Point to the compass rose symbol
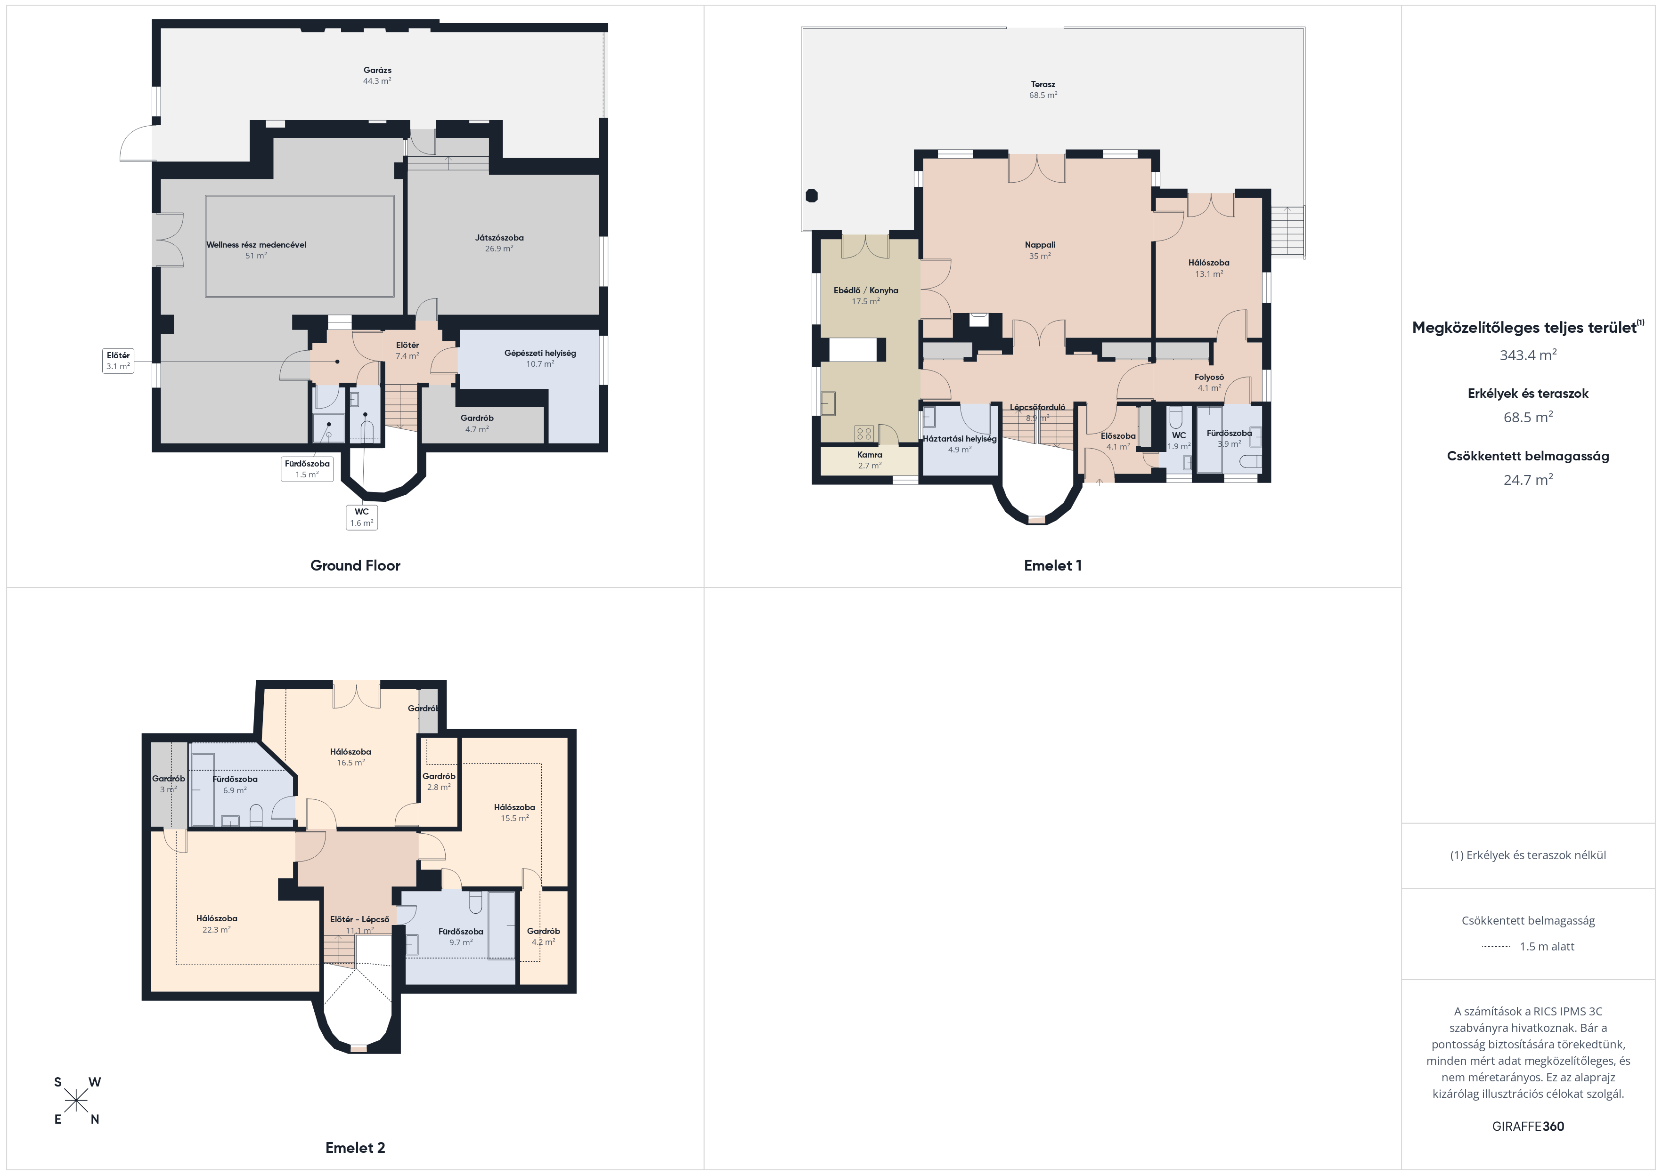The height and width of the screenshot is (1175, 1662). tap(76, 1101)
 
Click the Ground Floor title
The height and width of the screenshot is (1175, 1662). tap(355, 565)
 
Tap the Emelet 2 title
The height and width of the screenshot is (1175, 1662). tap(355, 1148)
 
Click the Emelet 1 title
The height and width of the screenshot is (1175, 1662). tap(1052, 565)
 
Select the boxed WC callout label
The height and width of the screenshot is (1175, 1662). tap(362, 516)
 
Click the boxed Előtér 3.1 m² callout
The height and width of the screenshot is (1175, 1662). tap(118, 360)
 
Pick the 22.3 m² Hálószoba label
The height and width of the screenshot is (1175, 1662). tap(216, 923)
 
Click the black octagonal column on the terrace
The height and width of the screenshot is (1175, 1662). tap(812, 195)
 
